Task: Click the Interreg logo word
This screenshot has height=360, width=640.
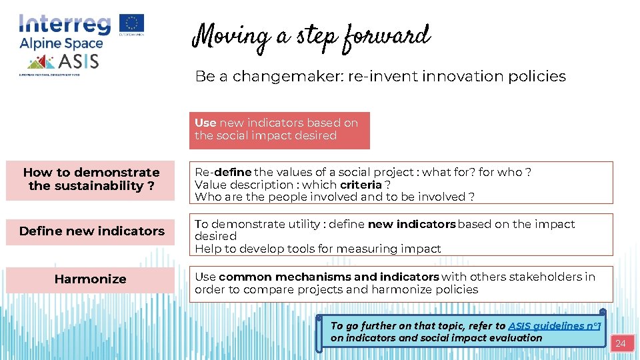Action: [65, 24]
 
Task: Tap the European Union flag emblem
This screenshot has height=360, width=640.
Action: [131, 23]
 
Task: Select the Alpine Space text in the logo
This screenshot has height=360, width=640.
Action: [61, 44]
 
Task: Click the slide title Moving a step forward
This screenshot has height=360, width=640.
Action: [311, 37]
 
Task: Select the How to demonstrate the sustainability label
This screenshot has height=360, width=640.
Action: [91, 179]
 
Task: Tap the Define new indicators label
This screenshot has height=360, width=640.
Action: [91, 231]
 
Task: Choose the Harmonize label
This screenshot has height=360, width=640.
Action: [90, 279]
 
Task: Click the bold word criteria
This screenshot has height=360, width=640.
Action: [361, 185]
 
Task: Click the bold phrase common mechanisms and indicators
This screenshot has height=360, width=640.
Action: [329, 277]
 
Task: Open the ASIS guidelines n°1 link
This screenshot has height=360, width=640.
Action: [554, 326]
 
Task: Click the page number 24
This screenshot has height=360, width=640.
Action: [620, 344]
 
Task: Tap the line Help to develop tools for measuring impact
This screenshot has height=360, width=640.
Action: [317, 249]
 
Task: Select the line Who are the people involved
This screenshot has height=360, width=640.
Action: [334, 197]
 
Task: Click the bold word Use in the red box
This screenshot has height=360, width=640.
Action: [205, 123]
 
